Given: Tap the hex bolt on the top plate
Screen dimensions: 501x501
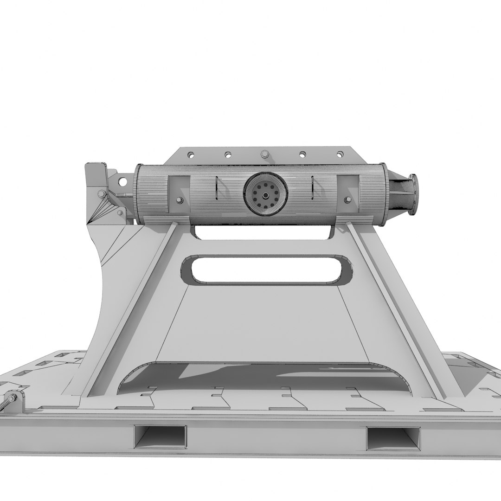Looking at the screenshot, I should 264,154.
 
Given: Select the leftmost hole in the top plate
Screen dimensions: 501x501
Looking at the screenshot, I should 190,154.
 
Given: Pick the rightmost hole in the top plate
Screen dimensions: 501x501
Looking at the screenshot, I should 340,154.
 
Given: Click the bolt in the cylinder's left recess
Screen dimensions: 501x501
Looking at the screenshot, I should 179,200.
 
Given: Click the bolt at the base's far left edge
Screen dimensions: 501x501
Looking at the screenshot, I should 10,400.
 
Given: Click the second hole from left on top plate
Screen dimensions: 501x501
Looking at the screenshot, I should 227,154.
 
